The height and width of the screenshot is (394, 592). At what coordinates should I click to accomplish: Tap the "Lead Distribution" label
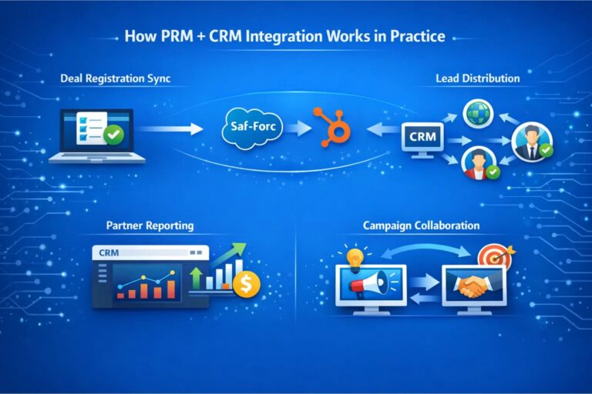tap(477, 78)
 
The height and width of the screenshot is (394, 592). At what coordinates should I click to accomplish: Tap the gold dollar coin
tap(247, 285)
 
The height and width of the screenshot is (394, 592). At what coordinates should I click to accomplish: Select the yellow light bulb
tap(354, 257)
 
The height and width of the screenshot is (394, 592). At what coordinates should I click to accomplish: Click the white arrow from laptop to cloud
tap(170, 129)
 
